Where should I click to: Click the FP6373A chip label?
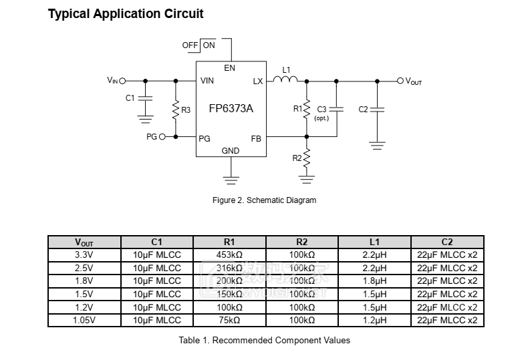click(231, 109)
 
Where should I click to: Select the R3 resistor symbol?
click(176, 109)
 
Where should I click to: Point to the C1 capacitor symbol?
click(145, 98)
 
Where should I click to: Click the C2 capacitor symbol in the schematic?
click(377, 109)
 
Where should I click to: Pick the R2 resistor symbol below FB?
click(307, 158)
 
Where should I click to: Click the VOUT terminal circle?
click(400, 81)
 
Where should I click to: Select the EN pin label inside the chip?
click(230, 68)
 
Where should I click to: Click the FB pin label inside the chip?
click(256, 139)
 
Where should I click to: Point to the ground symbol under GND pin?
click(231, 179)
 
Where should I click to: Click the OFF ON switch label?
click(198, 45)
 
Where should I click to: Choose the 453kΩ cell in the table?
click(229, 254)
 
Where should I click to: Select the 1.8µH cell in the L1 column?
click(374, 281)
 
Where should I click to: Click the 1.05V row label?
click(84, 321)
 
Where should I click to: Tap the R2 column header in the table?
click(302, 242)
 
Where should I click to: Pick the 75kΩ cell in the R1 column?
click(229, 321)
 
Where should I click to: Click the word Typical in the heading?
click(70, 13)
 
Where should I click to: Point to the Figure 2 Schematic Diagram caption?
click(264, 200)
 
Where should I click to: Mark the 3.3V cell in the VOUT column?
click(84, 254)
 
